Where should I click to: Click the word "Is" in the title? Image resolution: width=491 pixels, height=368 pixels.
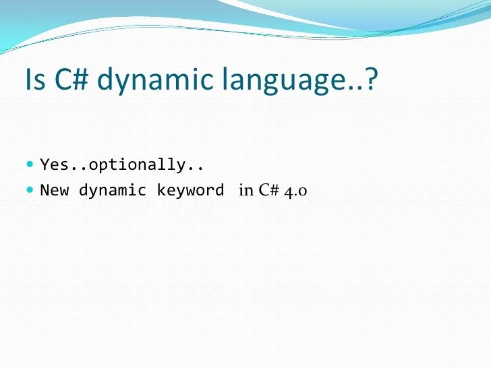tap(34, 79)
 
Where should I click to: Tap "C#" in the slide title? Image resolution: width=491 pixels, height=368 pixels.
tap(69, 79)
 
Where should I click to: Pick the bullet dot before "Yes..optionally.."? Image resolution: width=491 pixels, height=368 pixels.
tap(30, 164)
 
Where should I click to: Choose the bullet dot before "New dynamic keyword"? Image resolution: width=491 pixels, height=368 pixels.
tap(30, 189)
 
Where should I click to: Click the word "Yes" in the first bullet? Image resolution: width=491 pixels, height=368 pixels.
tap(52, 164)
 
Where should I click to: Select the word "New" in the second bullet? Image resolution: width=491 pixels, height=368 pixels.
tap(55, 190)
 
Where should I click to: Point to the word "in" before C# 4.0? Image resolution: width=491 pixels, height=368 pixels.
tap(246, 191)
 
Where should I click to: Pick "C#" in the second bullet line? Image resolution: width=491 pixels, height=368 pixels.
tap(270, 191)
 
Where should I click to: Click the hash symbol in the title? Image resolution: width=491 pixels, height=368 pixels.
tap(78, 79)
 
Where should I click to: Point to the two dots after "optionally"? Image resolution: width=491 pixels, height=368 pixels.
tap(196, 168)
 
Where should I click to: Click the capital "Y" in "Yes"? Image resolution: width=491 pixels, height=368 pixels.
tap(45, 164)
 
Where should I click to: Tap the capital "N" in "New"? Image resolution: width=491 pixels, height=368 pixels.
tap(45, 190)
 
